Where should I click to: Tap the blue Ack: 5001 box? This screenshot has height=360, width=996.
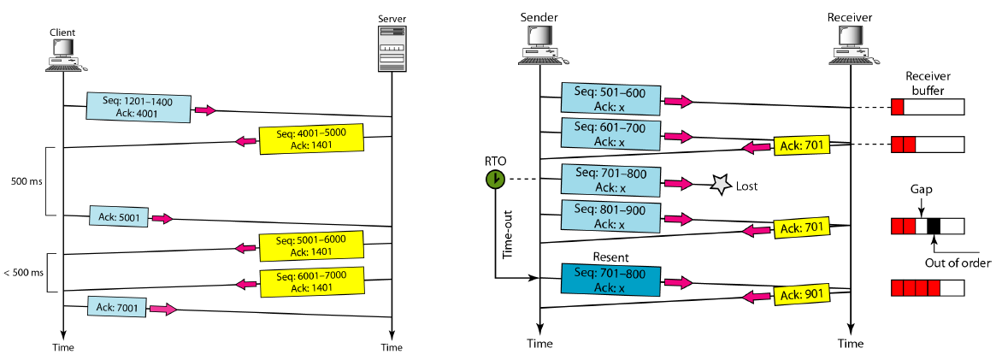point(119,217)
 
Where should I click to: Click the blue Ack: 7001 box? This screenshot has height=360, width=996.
point(117,306)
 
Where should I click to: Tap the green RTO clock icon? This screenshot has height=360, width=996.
point(494,179)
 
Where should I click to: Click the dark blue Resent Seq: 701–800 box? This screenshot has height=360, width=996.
point(610,279)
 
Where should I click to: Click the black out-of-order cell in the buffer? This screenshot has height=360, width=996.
point(934,226)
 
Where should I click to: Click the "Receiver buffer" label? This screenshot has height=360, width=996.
point(927,81)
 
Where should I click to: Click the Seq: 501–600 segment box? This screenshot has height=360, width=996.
point(610,99)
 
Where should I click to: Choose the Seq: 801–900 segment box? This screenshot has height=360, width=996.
point(610,215)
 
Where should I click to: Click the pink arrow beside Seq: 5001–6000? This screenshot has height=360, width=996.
point(246,249)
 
